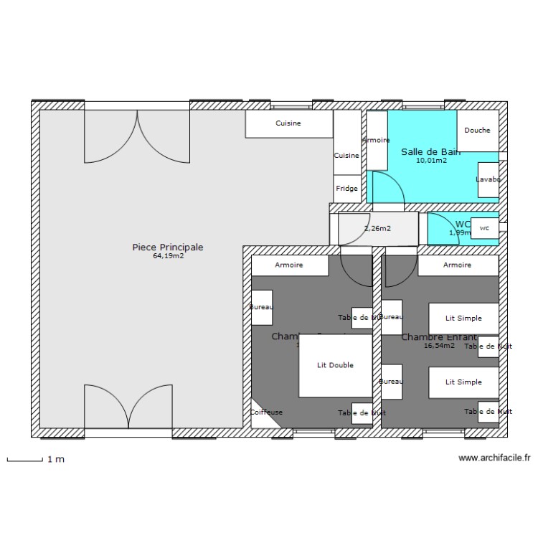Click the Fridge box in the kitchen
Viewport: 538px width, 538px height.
click(x=347, y=189)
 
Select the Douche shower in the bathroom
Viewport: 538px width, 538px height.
click(x=477, y=131)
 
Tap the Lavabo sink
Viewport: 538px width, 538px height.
click(x=488, y=179)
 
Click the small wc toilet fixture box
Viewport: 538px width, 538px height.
click(x=485, y=228)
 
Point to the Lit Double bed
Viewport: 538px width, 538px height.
click(x=335, y=366)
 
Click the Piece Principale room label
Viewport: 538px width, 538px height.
click(x=168, y=247)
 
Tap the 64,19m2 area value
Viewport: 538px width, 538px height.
click(x=168, y=256)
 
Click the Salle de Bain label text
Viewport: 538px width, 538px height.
click(x=430, y=151)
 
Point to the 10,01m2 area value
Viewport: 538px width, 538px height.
click(x=431, y=161)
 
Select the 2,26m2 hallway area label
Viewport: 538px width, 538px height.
click(x=377, y=229)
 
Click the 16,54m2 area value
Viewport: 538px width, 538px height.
click(x=439, y=346)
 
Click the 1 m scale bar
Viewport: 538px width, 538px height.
click(x=25, y=459)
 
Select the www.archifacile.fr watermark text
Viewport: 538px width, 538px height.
click(x=494, y=458)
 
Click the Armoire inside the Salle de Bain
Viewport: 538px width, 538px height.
click(x=377, y=141)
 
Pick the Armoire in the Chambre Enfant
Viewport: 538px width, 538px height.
click(x=458, y=265)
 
